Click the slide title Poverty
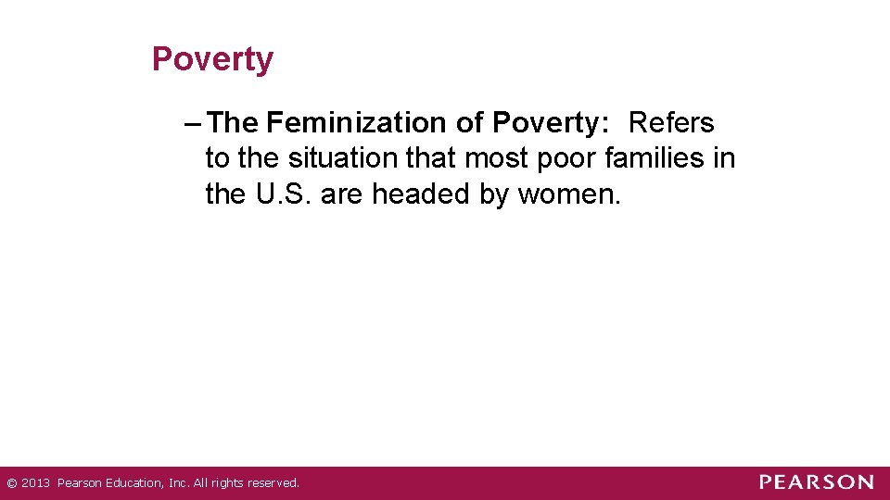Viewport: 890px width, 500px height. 212,59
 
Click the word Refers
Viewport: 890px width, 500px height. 671,123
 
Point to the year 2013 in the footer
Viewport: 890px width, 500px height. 34,483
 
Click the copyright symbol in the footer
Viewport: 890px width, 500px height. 10,483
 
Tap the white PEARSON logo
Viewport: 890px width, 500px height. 816,482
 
